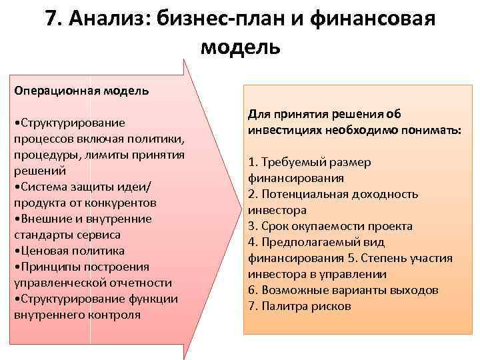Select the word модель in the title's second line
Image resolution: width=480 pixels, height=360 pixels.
coord(240,47)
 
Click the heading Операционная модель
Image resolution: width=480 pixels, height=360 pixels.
coord(81,90)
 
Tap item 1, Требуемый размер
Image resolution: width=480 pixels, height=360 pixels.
coord(310,162)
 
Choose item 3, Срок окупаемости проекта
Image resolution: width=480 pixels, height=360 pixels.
coord(330,226)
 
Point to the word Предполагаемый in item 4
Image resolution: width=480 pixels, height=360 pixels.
coord(307,242)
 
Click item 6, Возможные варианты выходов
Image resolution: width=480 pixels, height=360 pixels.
coord(343,290)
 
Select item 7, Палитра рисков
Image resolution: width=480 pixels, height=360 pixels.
coord(299,306)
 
